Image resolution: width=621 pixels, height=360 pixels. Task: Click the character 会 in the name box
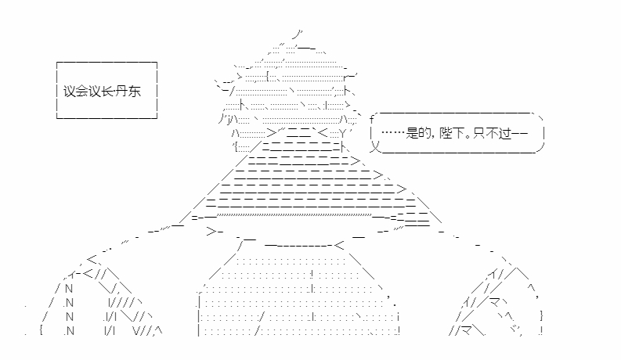coord(82,92)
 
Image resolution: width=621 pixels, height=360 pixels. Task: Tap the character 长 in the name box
coord(107,92)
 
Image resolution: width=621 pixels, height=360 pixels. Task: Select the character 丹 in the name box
coord(122,92)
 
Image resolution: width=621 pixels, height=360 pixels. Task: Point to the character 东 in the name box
coord(135,92)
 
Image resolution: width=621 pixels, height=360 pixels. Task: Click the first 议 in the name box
coord(70,92)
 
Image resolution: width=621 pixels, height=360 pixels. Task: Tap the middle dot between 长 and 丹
coord(115,92)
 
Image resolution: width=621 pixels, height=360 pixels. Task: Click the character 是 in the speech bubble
coord(412,133)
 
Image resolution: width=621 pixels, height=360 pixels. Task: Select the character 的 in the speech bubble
coord(424,133)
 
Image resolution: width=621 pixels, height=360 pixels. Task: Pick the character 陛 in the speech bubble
coord(446,133)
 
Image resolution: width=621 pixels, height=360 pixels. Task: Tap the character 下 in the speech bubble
coord(458,133)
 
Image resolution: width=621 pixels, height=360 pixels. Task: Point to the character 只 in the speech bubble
coord(479,133)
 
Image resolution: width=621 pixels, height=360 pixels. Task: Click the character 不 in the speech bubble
coord(493,133)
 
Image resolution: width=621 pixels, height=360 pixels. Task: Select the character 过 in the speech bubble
coord(505,133)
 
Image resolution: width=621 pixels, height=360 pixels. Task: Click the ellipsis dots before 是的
coord(393,132)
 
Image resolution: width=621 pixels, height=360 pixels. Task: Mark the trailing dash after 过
coord(520,133)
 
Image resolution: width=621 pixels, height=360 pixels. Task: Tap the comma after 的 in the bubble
coord(433,137)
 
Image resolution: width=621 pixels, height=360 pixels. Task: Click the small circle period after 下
coord(468,136)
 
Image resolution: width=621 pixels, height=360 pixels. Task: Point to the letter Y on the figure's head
coord(343,133)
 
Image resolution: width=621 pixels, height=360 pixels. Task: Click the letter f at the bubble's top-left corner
coord(372,119)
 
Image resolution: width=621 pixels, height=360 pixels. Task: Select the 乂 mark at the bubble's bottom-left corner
coord(374,147)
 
